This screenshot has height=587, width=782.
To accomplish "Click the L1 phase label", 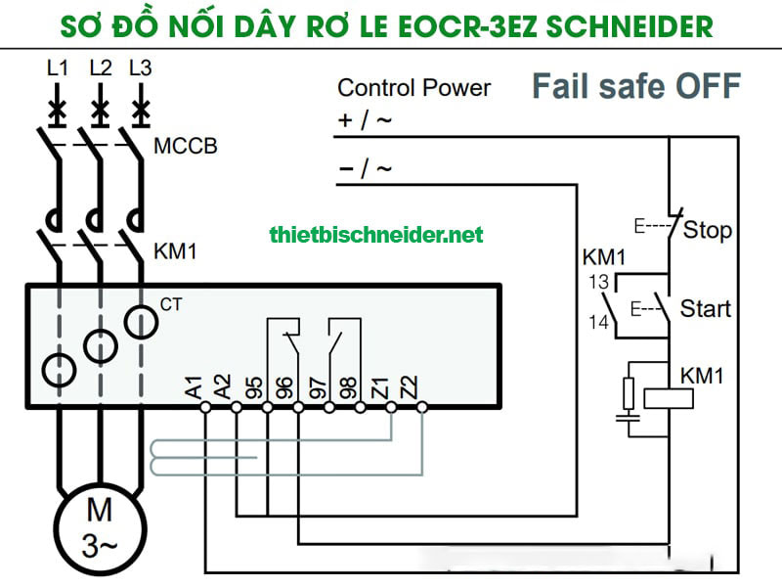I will pyautogui.click(x=58, y=68).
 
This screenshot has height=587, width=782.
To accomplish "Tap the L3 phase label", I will pyautogui.click(x=141, y=68).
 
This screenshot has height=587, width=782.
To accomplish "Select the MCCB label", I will pyautogui.click(x=186, y=148).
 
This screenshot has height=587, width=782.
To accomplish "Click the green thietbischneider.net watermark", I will pyautogui.click(x=375, y=235).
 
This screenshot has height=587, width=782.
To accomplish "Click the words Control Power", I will pyautogui.click(x=413, y=88).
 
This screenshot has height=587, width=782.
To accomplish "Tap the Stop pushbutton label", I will pyautogui.click(x=708, y=231).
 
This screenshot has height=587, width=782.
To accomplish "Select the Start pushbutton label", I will pyautogui.click(x=705, y=309).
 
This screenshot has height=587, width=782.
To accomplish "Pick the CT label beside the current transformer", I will pyautogui.click(x=171, y=305).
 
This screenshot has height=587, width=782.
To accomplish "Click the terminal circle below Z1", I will pyautogui.click(x=391, y=406).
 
